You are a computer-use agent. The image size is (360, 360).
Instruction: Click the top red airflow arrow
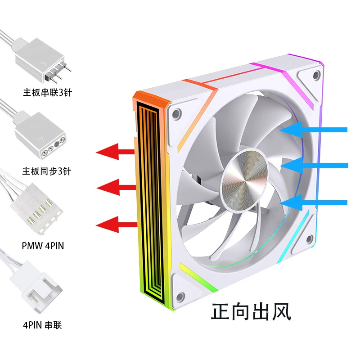tap(115, 152)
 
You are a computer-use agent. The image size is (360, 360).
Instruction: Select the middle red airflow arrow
tap(116, 188)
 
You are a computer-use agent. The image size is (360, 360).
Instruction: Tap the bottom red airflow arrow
tap(117, 224)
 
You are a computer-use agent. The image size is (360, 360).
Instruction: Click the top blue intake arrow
tap(313, 130)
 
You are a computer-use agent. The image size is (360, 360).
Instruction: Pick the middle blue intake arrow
tap(314, 165)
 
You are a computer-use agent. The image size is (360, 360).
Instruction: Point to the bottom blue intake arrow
tap(313, 202)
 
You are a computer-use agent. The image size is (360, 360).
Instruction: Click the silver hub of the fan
tap(244, 180)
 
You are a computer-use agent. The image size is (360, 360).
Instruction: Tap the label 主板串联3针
tap(48, 92)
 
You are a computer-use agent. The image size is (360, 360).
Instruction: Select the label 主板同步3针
tap(47, 171)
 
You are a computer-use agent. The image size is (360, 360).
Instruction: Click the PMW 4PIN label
tap(43, 246)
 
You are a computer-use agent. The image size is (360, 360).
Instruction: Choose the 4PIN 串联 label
tap(42, 325)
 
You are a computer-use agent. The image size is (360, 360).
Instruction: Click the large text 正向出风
tap(251, 311)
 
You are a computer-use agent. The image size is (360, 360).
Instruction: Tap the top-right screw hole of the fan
tap(317, 75)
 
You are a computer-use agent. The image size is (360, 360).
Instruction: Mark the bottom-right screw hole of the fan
tap(310, 239)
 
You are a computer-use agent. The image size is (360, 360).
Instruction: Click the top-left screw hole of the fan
tap(176, 114)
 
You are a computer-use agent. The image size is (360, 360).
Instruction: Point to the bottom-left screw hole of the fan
tap(180, 297)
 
